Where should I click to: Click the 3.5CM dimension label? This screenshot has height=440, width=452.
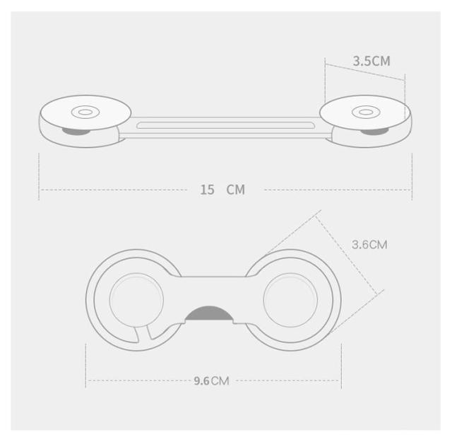(371, 61)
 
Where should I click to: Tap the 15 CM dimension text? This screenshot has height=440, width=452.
(222, 190)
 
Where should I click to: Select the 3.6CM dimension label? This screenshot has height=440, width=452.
(369, 245)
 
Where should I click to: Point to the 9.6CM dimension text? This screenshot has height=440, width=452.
(211, 381)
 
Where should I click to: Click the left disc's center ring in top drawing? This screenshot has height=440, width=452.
(85, 112)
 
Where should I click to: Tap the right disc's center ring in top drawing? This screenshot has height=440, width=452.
(366, 112)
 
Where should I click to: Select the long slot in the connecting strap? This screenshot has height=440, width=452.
(226, 125)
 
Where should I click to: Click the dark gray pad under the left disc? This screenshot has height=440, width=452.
(76, 132)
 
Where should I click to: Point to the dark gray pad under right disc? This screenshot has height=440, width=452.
(374, 132)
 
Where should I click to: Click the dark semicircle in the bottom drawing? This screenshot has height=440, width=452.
(209, 314)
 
